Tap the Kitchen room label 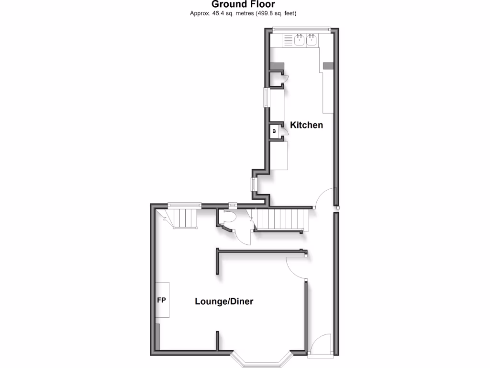coord(307,125)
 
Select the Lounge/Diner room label coord(224,301)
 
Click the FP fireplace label coord(162,300)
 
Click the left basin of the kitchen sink coord(300,40)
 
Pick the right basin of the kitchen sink coord(312,40)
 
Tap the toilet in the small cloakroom coord(228,218)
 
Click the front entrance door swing coord(320,344)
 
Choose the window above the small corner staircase coord(183,205)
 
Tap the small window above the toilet coord(233,206)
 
